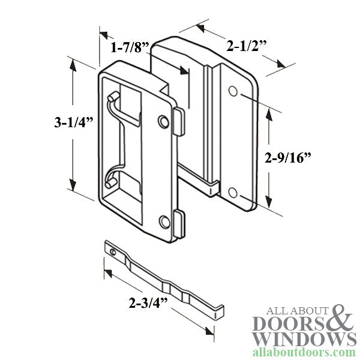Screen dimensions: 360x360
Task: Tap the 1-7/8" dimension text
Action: (x=130, y=48)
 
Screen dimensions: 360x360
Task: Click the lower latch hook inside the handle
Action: (x=113, y=178)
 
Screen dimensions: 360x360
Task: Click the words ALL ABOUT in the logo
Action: (x=288, y=310)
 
